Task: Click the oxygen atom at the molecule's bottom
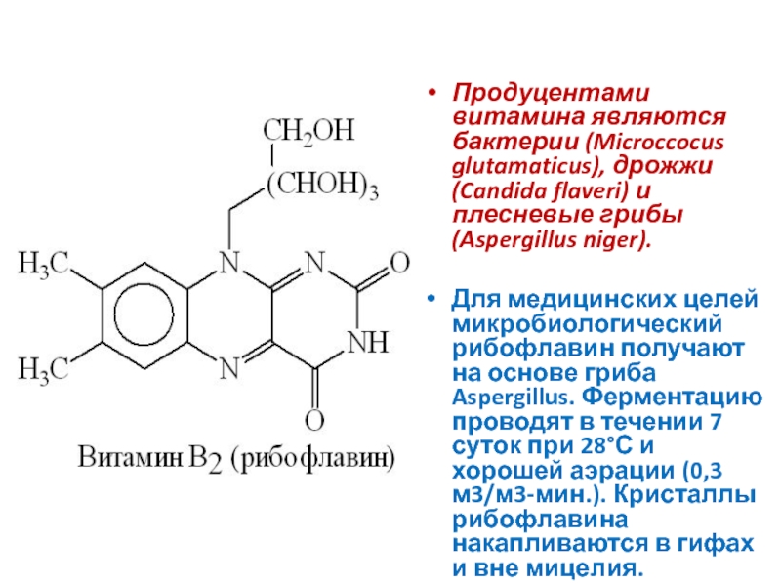[x=313, y=422]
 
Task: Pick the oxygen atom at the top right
[x=397, y=263]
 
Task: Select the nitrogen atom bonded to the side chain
[x=228, y=264]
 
